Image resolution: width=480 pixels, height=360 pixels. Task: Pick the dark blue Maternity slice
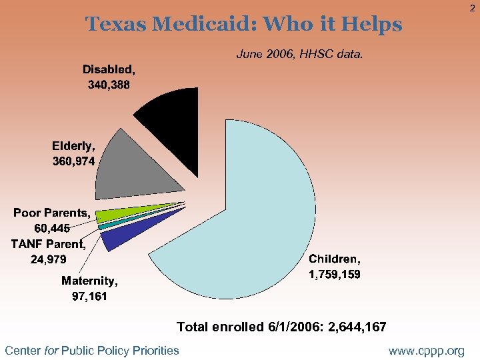point(117,237)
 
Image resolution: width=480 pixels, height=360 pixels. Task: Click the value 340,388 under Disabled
point(109,85)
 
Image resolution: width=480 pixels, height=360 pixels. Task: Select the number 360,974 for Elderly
point(73,161)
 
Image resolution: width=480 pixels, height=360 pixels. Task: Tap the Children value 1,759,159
point(334,274)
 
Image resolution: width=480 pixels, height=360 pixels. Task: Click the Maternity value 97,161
point(89,295)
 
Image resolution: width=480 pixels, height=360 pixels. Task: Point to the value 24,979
point(48,259)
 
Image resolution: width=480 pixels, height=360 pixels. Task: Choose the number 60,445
point(52,229)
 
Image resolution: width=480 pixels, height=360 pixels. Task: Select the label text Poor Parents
point(51,213)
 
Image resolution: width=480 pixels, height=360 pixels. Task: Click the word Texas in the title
point(117,25)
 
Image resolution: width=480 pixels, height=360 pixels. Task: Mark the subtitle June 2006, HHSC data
point(300,55)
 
